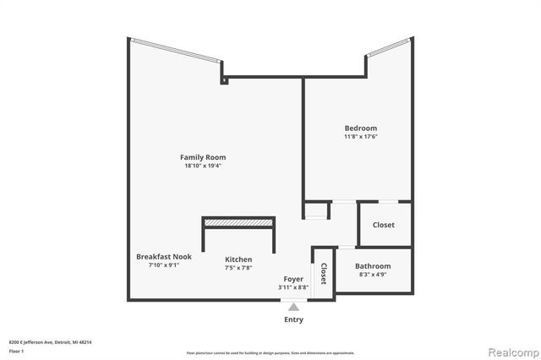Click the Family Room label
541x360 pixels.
pyautogui.click(x=203, y=157)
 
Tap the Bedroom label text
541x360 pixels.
pyautogui.click(x=360, y=128)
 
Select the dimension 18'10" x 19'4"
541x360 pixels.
pyautogui.click(x=203, y=166)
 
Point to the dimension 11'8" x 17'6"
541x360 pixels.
pyautogui.click(x=360, y=137)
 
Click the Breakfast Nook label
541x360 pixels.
pyautogui.click(x=158, y=256)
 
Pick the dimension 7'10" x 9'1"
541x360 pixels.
pyautogui.click(x=158, y=265)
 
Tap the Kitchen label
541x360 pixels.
pyautogui.click(x=238, y=259)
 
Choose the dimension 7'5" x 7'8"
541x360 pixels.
pyautogui.click(x=238, y=268)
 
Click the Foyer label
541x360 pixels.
pyautogui.click(x=293, y=278)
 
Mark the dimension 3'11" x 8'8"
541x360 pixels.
pyautogui.click(x=293, y=286)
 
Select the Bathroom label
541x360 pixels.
pyautogui.click(x=373, y=266)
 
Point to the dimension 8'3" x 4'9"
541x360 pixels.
pyautogui.click(x=373, y=275)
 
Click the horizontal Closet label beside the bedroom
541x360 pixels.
pyautogui.click(x=384, y=225)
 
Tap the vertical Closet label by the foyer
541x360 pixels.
pyautogui.click(x=323, y=274)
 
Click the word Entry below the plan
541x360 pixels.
pyautogui.click(x=293, y=319)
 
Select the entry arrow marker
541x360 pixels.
pyautogui.click(x=293, y=307)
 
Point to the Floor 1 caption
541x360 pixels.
pyautogui.click(x=16, y=350)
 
